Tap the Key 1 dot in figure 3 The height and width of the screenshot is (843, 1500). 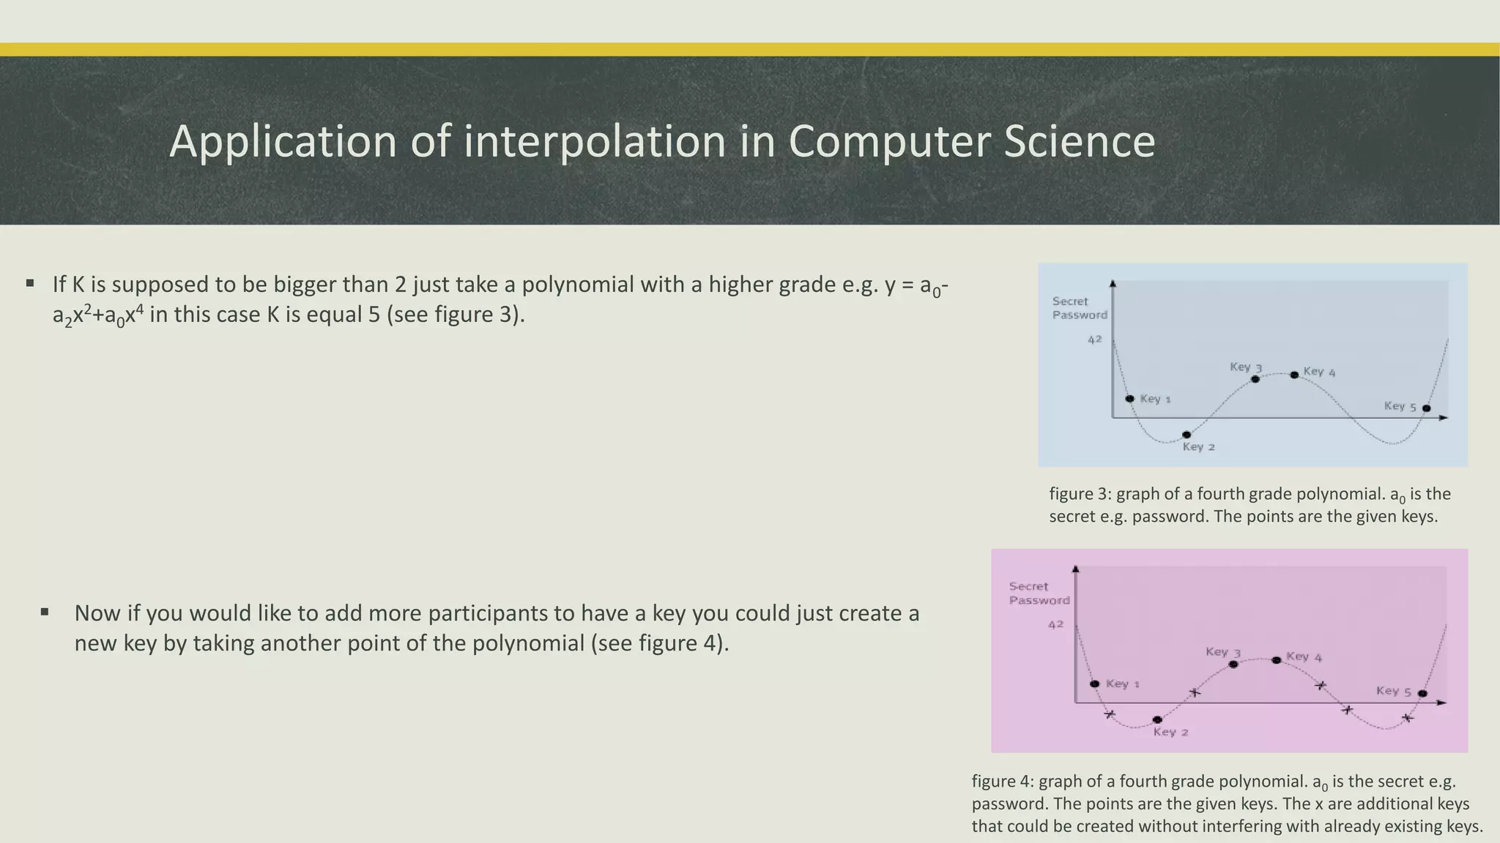(x=1129, y=399)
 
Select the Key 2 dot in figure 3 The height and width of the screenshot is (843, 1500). (x=1187, y=435)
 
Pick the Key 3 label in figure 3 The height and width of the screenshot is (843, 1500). (x=1245, y=367)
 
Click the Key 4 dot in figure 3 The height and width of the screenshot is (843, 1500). (x=1294, y=375)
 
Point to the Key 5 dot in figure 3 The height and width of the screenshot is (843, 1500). (x=1426, y=408)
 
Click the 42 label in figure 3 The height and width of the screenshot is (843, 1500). (x=1094, y=340)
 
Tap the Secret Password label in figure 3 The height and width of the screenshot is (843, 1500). (x=1080, y=308)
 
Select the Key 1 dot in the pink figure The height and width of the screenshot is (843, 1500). (x=1095, y=684)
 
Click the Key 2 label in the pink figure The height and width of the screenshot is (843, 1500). (x=1170, y=732)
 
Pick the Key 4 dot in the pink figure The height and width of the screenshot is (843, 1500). (x=1277, y=660)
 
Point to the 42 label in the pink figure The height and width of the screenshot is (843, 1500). (x=1055, y=625)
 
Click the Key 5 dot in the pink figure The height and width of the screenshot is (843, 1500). (x=1422, y=693)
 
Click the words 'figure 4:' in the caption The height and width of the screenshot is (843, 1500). (x=1003, y=782)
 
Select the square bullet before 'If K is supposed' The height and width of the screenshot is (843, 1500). (x=30, y=283)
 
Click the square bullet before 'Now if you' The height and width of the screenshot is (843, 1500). (x=45, y=612)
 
